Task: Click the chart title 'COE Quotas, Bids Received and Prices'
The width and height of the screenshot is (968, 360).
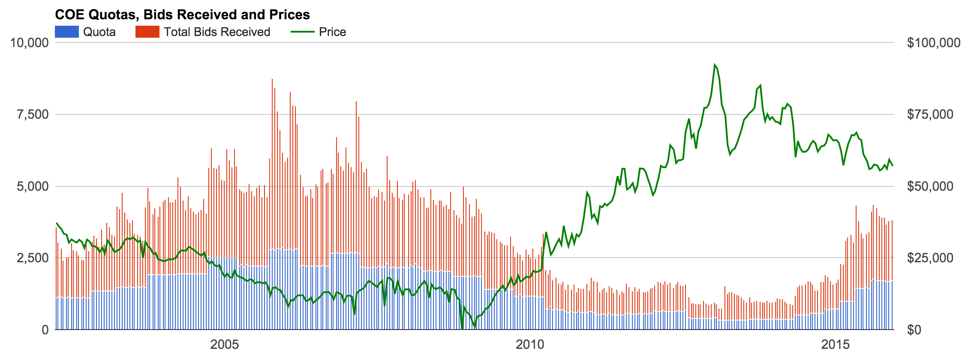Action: coord(182,15)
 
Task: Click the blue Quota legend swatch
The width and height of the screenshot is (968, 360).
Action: coord(67,32)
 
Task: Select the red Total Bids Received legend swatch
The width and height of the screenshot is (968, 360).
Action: coord(147,32)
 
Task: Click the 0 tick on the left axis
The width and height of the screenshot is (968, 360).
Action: coord(45,330)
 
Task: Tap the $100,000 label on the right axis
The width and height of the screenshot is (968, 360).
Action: coord(934,43)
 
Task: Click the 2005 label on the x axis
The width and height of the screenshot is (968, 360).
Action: coord(225,345)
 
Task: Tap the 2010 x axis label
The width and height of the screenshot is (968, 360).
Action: coord(530,345)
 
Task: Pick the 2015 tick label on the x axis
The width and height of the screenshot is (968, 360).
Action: coord(836,345)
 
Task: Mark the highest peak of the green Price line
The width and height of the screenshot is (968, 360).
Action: coord(715,65)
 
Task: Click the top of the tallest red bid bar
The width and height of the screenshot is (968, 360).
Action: coord(272,79)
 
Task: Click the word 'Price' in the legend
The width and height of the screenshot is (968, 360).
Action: coord(332,32)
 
